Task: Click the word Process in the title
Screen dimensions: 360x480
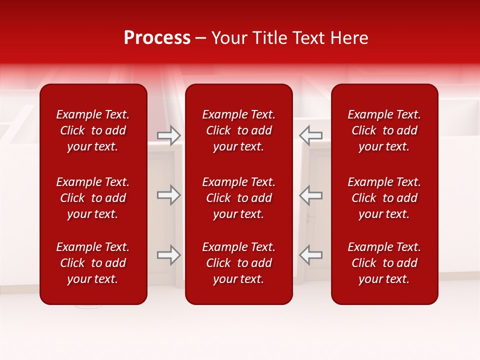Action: (x=157, y=38)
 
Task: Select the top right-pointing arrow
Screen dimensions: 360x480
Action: (x=169, y=135)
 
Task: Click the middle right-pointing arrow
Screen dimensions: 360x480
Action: (x=169, y=195)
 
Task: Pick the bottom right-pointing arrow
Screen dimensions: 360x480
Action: (x=169, y=255)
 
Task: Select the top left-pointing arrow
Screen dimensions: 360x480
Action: (x=311, y=135)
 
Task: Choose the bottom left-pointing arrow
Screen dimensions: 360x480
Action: (x=311, y=255)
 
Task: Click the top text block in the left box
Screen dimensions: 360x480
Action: (x=93, y=130)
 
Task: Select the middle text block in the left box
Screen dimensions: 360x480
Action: (x=93, y=198)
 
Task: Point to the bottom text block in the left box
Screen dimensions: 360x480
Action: (x=93, y=263)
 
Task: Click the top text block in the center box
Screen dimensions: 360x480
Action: (x=239, y=130)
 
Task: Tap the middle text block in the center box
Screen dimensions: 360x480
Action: (x=239, y=198)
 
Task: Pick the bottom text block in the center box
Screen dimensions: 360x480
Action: (x=239, y=263)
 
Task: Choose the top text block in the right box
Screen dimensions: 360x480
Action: (x=384, y=130)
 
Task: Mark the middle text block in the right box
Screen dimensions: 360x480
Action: (x=384, y=198)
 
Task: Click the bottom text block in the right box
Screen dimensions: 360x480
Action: (x=384, y=263)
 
